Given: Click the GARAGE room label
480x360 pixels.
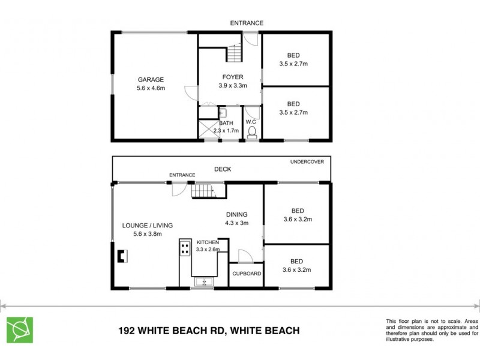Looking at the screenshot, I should click(151, 80).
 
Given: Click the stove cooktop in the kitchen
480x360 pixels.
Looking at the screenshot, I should click(185, 250).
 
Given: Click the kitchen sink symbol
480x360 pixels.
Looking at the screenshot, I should click(204, 281).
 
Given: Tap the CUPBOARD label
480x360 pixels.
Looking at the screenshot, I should click(247, 274).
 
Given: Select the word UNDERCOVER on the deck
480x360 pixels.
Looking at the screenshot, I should click(307, 162).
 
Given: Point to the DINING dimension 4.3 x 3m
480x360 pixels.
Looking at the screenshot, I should click(236, 223).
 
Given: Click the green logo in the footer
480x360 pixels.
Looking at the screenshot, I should click(20, 329).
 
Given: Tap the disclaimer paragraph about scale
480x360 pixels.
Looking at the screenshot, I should click(432, 330).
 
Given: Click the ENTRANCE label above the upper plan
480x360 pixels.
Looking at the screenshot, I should click(247, 23).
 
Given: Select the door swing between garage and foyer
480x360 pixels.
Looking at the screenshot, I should click(191, 94).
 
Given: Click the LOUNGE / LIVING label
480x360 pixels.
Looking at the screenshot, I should click(148, 226).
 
